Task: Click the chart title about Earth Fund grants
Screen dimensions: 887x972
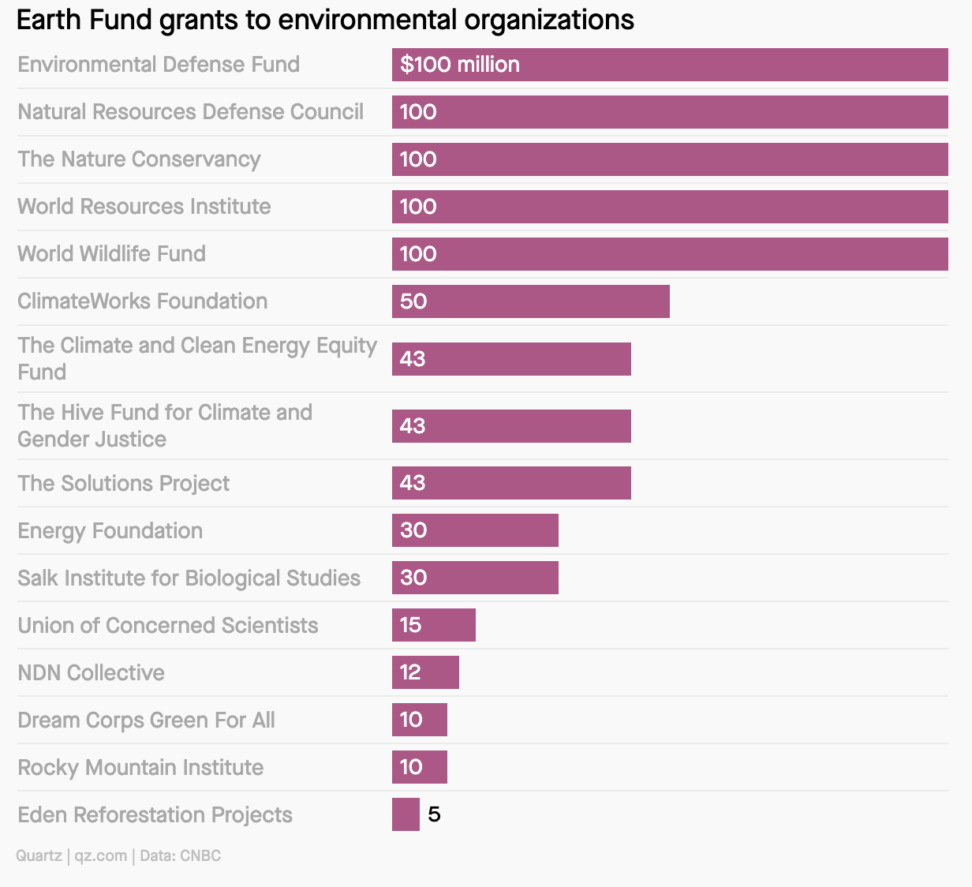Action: (325, 20)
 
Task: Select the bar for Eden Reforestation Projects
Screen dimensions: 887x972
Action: (406, 814)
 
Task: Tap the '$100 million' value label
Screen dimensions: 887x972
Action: (460, 65)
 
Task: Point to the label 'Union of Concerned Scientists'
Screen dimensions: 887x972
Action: (168, 625)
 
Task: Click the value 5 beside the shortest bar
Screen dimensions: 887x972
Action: (434, 814)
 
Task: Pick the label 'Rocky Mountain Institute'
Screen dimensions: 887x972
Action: (140, 767)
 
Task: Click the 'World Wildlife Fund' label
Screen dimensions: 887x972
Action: (111, 253)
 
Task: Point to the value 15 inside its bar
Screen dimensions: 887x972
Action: (411, 625)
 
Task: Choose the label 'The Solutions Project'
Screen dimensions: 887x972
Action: (124, 483)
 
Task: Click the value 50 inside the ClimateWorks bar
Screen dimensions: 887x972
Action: (413, 301)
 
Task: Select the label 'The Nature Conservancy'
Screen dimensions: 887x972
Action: (139, 159)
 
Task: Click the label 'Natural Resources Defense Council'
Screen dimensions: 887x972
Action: (191, 111)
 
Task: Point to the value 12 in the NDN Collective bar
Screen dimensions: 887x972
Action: (410, 672)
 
